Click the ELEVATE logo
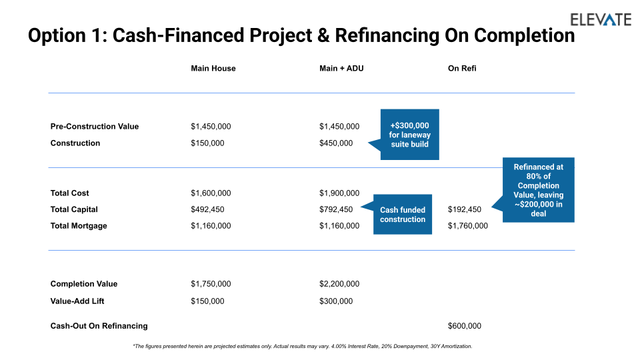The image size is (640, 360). click(x=601, y=19)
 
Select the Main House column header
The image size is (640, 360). click(x=213, y=68)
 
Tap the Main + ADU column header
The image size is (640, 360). click(x=341, y=68)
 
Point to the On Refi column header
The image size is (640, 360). click(x=462, y=68)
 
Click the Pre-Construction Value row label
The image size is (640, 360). click(x=95, y=127)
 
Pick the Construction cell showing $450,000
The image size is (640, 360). click(x=336, y=143)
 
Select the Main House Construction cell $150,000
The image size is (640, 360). click(x=207, y=143)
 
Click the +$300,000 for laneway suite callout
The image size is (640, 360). click(x=409, y=134)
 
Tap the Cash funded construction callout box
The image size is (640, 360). click(x=403, y=214)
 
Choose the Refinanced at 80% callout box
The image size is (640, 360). click(x=539, y=190)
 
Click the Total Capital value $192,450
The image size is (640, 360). click(x=465, y=209)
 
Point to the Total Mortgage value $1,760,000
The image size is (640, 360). click(x=468, y=226)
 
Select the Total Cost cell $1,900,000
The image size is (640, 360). click(x=339, y=193)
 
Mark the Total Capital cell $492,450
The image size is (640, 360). click(x=207, y=209)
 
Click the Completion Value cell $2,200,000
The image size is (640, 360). click(x=339, y=284)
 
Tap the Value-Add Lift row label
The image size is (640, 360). click(x=77, y=301)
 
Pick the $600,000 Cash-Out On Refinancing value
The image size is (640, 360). click(x=465, y=326)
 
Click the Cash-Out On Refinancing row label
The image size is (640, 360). click(x=99, y=326)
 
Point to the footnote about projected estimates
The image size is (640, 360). click(x=303, y=346)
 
